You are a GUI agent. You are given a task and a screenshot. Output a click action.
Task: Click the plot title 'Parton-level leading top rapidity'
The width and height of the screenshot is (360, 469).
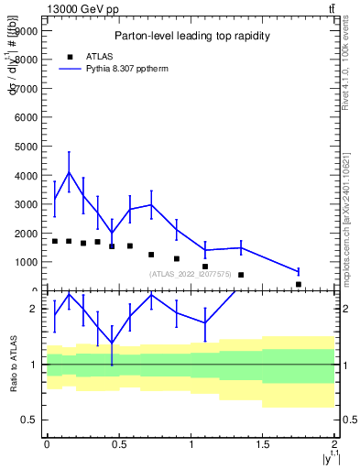[191, 36]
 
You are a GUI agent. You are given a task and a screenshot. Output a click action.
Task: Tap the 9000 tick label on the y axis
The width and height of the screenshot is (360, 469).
[26, 30]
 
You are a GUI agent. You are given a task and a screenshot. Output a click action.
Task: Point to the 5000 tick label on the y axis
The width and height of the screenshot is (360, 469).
[26, 147]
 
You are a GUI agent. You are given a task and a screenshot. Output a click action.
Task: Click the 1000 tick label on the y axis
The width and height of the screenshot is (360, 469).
[26, 262]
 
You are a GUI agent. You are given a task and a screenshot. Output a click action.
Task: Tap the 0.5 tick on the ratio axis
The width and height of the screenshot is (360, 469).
[31, 420]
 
